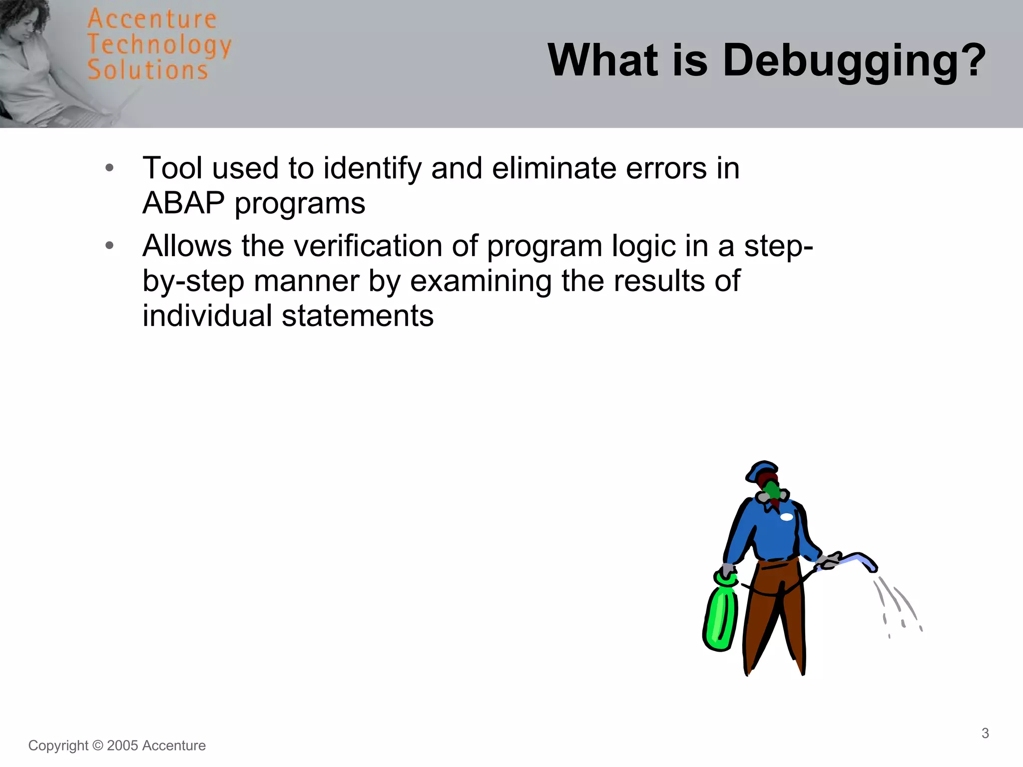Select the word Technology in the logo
(x=159, y=45)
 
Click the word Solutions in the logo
(x=148, y=70)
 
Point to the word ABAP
(x=183, y=203)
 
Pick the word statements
(x=358, y=316)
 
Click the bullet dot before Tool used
(x=110, y=168)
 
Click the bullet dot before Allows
(x=110, y=245)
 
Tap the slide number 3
(x=985, y=733)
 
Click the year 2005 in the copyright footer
(x=122, y=746)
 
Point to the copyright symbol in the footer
(x=98, y=746)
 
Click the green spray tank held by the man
(x=721, y=617)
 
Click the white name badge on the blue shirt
(x=786, y=517)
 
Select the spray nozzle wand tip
(x=872, y=565)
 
